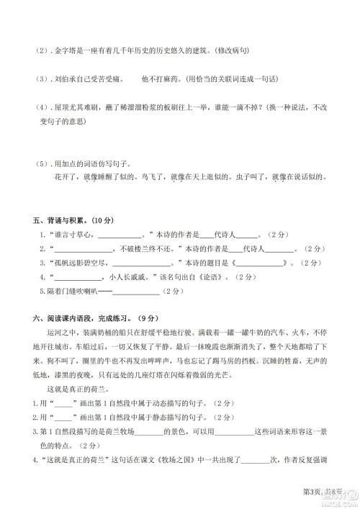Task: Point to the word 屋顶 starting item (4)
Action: coord(55,107)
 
